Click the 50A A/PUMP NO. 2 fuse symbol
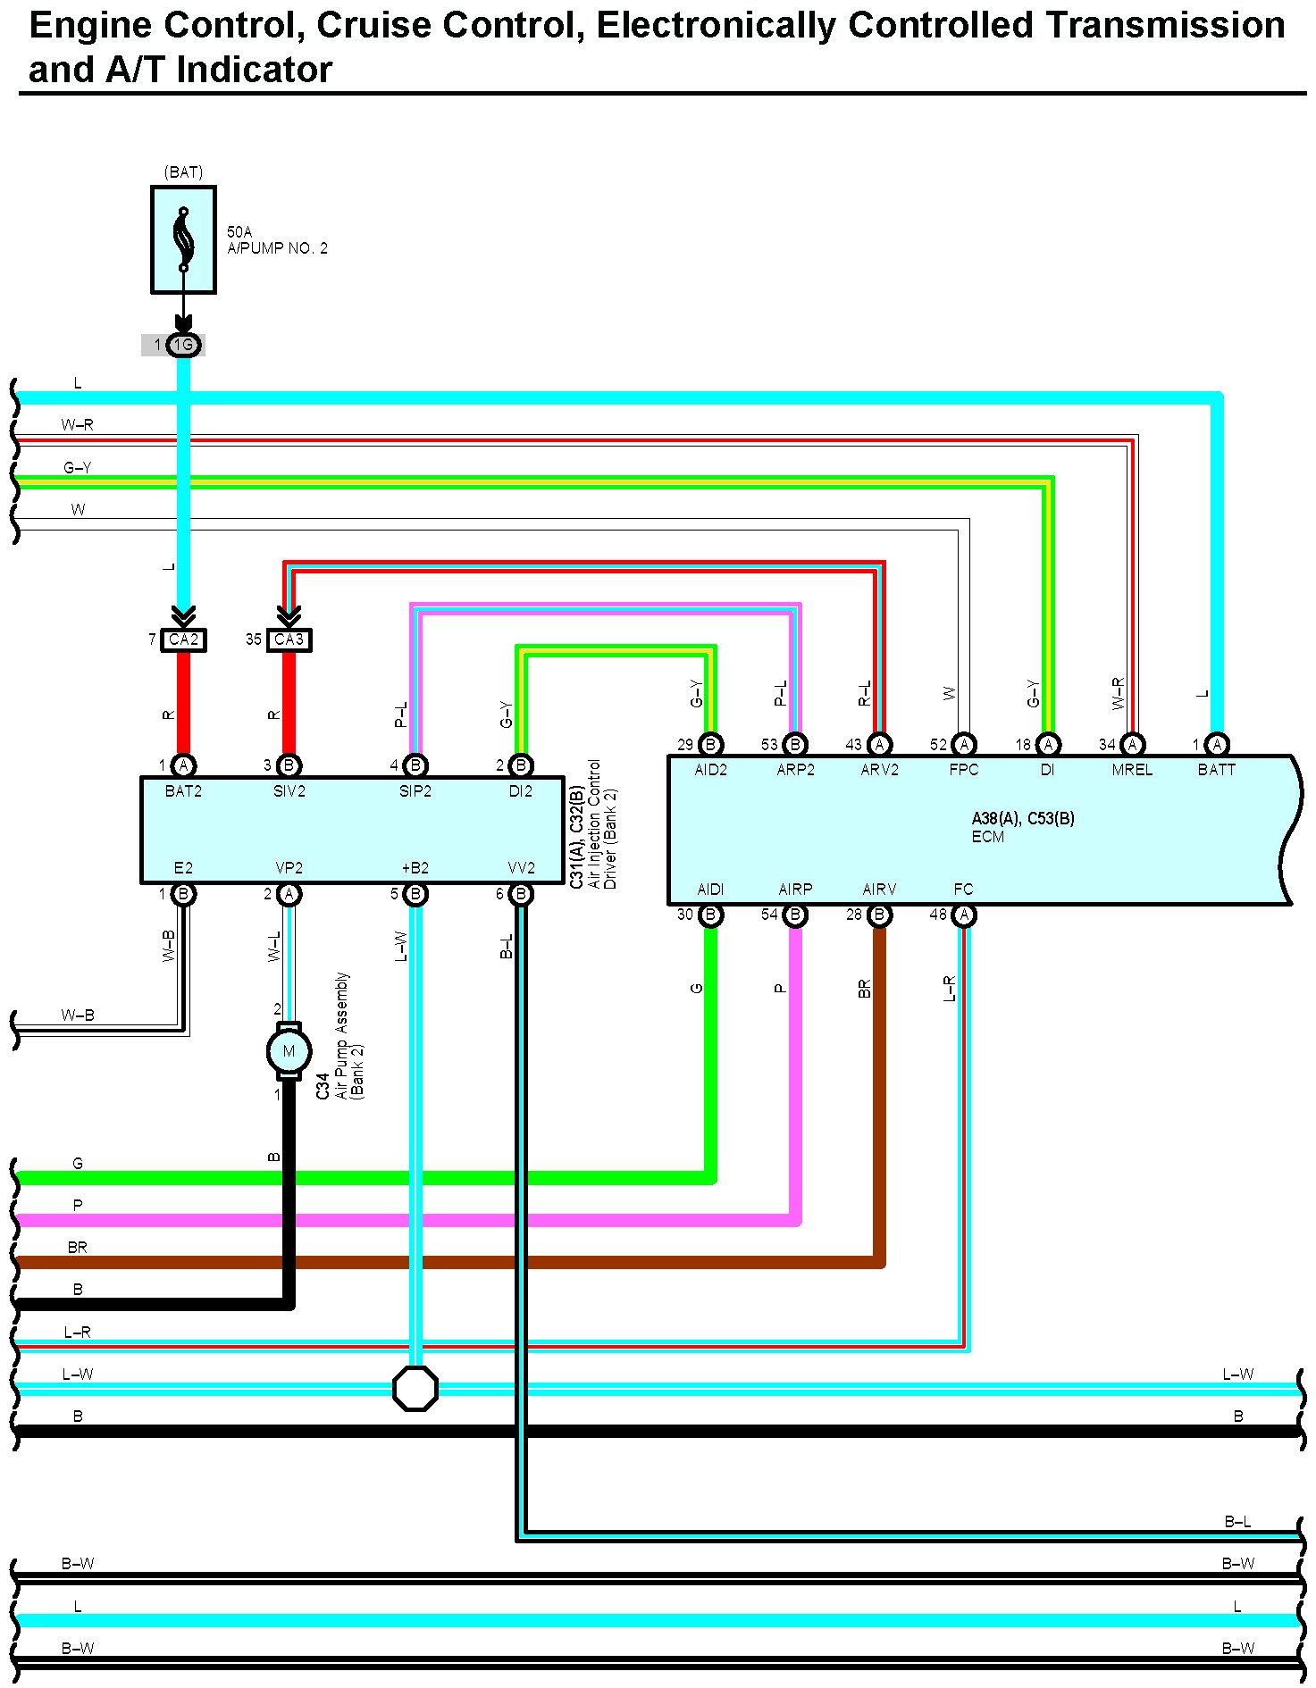[183, 239]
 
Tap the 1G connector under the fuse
[183, 345]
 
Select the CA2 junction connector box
[183, 639]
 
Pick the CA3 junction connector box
[289, 639]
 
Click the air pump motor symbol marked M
[289, 1051]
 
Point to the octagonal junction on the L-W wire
[415, 1388]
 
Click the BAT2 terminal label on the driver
[183, 791]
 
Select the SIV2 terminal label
[289, 791]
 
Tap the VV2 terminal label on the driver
[521, 868]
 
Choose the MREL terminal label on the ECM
[1132, 770]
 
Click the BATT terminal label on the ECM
[1216, 770]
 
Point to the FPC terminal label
[963, 770]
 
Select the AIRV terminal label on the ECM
[879, 890]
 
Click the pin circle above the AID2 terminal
[710, 744]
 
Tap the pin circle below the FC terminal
[963, 915]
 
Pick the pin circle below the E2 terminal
[183, 894]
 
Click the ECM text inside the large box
[987, 837]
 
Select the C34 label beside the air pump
[323, 1086]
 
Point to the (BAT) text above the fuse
[183, 171]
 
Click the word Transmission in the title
[1165, 25]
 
